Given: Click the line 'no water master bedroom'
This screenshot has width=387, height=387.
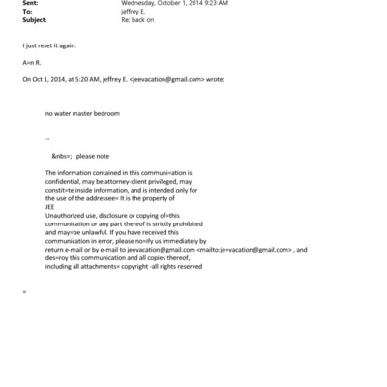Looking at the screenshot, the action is point(80,113).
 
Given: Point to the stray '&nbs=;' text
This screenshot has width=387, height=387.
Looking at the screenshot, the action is point(61,155).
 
